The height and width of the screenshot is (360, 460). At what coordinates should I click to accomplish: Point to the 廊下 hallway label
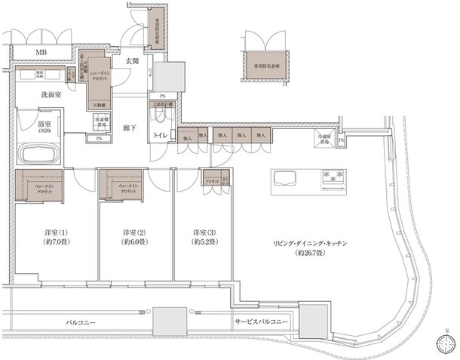130,130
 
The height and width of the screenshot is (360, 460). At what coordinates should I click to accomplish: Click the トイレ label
161,134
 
